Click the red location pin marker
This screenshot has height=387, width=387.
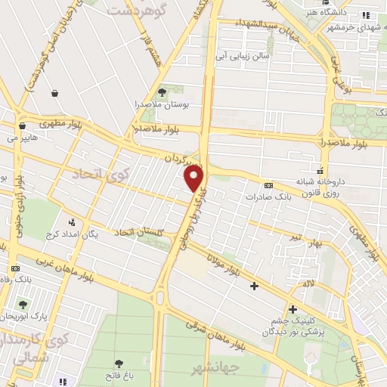tap(194, 179)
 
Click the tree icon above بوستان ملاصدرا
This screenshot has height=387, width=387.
tap(161, 91)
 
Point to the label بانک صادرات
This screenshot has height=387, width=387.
tap(268, 197)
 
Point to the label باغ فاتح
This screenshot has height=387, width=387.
tap(120, 376)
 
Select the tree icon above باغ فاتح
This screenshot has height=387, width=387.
tap(119, 364)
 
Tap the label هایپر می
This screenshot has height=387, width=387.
tap(24, 138)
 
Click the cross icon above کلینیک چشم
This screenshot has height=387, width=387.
tap(293, 308)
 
